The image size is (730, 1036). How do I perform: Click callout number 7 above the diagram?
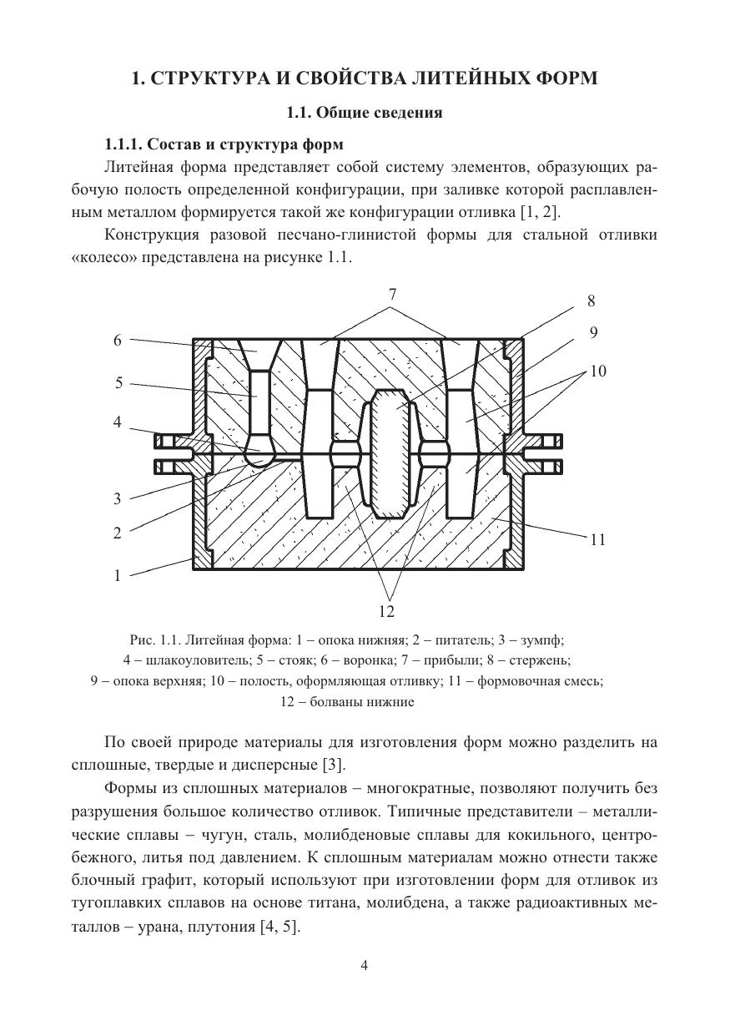[x=390, y=295]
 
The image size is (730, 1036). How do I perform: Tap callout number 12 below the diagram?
[x=385, y=612]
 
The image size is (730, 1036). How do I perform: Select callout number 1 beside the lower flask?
[x=118, y=575]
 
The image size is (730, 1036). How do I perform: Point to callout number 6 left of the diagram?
[x=118, y=341]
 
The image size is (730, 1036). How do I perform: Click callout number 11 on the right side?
[x=597, y=540]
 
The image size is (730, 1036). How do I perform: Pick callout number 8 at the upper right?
[x=591, y=301]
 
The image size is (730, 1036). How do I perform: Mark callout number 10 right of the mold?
[x=597, y=371]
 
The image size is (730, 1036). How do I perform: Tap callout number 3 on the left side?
[x=118, y=499]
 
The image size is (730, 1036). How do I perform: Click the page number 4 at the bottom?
[x=365, y=966]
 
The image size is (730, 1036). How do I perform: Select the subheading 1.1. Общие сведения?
[x=365, y=112]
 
